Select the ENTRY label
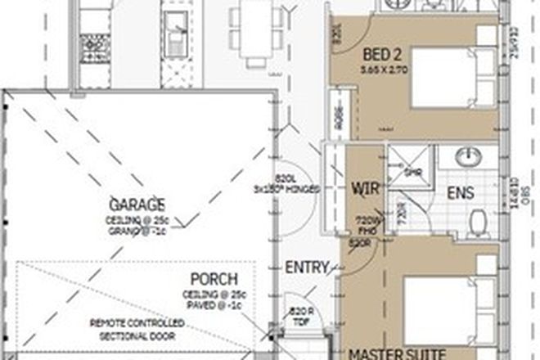[x=307, y=268]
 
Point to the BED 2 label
[x=381, y=56]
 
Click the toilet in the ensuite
[x=479, y=218]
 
